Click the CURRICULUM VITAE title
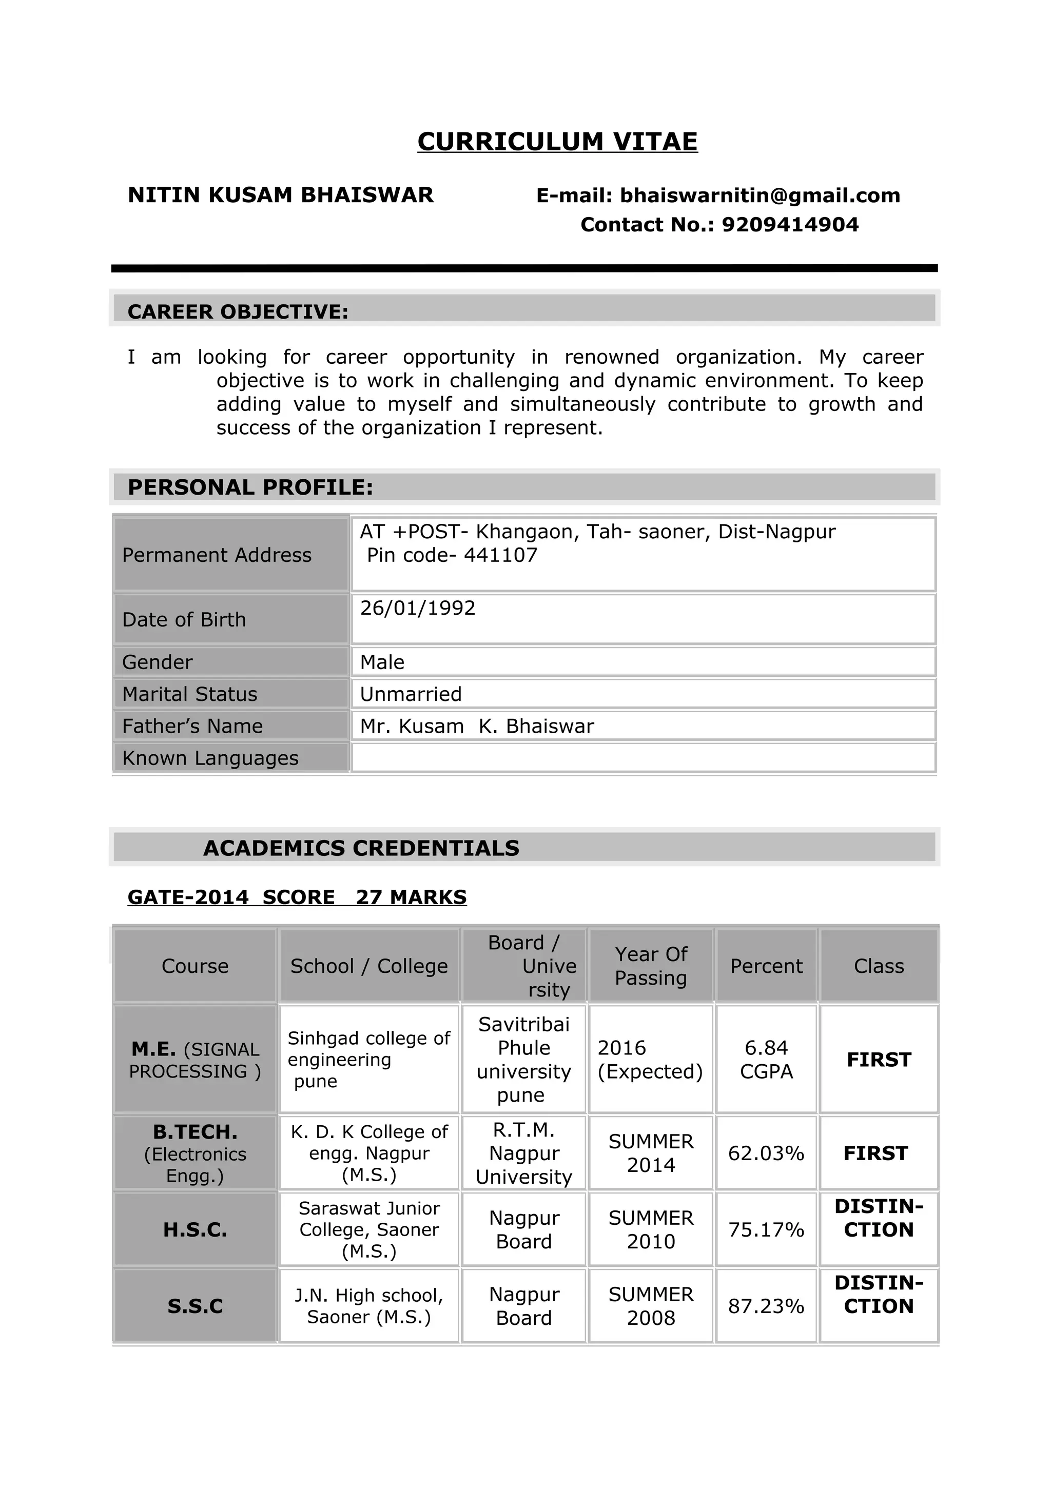557,141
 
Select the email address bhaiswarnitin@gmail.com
760,195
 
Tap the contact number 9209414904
789,225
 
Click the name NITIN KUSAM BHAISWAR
280,195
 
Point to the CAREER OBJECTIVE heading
238,311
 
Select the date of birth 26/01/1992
418,608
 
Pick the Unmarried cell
411,694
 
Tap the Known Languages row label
210,758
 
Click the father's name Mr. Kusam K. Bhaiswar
477,727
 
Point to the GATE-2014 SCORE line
297,897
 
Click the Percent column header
766,966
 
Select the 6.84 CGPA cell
766,1060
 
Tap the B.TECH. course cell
195,1153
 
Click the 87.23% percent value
766,1306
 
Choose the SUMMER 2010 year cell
650,1230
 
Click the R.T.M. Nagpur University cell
523,1153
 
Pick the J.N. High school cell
368,1306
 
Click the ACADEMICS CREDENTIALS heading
361,848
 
